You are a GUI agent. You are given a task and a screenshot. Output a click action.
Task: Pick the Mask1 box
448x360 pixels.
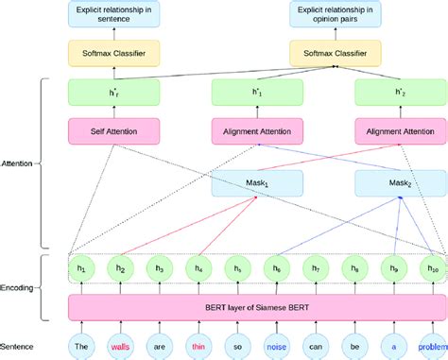tap(258, 181)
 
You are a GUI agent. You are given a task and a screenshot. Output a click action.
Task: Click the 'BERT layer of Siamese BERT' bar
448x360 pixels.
tap(256, 307)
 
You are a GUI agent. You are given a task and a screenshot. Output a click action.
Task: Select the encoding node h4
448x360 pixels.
tap(197, 268)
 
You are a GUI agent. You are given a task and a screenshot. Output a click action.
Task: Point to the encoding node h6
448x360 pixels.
tap(276, 268)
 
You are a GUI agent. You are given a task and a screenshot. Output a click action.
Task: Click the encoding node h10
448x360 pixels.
tap(433, 268)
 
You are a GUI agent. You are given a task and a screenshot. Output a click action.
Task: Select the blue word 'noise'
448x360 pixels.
tap(276, 346)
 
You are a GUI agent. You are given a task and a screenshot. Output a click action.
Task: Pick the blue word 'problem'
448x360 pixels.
tap(433, 346)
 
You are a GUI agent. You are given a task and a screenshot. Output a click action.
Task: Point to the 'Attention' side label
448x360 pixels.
tap(19, 163)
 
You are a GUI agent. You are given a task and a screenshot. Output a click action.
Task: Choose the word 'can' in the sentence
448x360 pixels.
tap(315, 346)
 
